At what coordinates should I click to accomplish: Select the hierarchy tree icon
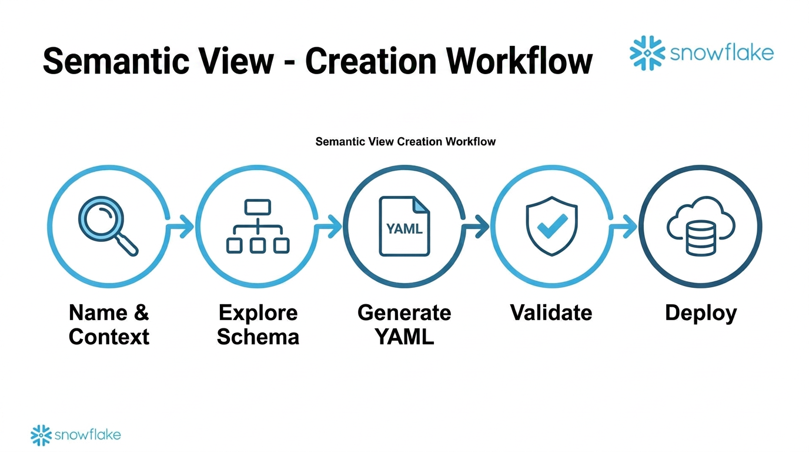(x=258, y=227)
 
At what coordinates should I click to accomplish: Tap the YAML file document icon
(x=404, y=227)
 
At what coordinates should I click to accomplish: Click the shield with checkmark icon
(x=551, y=227)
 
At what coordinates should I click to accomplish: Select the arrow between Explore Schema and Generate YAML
(x=329, y=226)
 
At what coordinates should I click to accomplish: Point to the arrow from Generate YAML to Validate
(x=477, y=226)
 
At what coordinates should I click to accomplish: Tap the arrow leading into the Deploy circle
(x=624, y=226)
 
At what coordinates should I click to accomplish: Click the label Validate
(x=551, y=313)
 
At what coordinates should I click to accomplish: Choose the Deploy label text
(x=700, y=313)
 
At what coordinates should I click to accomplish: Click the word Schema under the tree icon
(x=258, y=337)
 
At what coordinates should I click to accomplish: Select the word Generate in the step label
(x=404, y=313)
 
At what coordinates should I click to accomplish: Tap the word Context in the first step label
(x=109, y=337)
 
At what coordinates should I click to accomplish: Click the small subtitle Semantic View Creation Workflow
(x=405, y=142)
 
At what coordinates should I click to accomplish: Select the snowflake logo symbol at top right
(x=647, y=54)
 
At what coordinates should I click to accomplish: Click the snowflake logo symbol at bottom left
(x=41, y=435)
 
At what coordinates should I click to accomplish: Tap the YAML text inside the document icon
(x=404, y=229)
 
